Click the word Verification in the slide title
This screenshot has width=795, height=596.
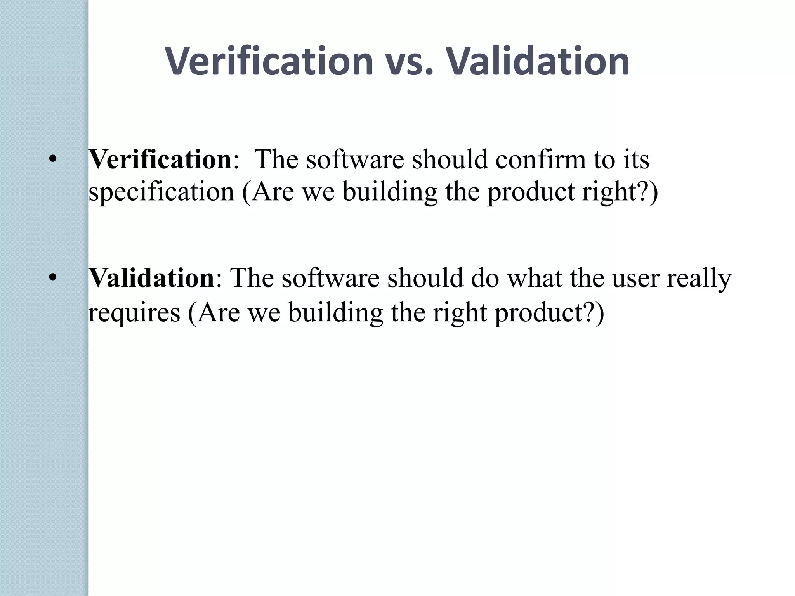(x=269, y=61)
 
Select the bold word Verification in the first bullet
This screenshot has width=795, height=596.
(x=160, y=159)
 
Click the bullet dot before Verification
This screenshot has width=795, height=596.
(x=53, y=159)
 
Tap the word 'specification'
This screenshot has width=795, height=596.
(x=161, y=192)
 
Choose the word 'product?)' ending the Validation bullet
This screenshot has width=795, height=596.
(x=549, y=313)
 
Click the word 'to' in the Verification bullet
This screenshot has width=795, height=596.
(x=606, y=160)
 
